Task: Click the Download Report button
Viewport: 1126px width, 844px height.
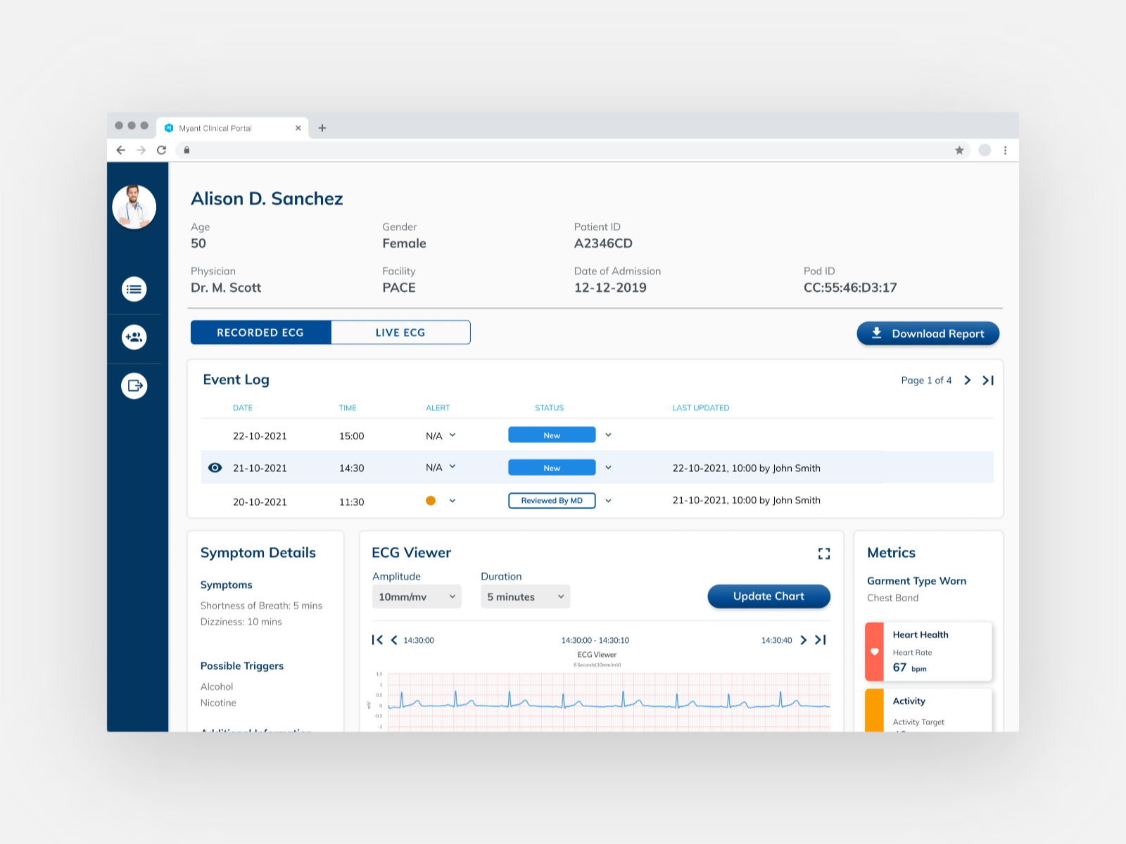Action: coord(928,333)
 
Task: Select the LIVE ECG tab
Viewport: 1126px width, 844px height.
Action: coord(400,333)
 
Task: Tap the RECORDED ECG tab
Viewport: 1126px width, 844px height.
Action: coord(260,333)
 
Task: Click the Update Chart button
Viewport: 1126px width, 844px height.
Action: coord(768,596)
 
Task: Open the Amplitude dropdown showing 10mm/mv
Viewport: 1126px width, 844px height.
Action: coord(416,597)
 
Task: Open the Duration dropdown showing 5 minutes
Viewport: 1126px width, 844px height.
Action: coord(525,597)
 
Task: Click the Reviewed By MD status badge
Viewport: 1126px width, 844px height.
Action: coord(552,501)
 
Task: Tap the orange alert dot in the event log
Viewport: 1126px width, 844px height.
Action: coord(431,501)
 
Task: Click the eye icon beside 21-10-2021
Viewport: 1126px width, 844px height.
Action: coord(215,468)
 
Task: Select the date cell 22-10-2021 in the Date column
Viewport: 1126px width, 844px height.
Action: coord(260,436)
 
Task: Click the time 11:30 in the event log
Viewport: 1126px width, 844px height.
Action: coord(351,502)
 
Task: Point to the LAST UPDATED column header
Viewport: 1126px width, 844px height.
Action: coord(700,408)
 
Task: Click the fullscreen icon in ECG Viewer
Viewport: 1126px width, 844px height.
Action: coord(824,554)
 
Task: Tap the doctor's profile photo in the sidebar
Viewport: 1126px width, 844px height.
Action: coord(134,207)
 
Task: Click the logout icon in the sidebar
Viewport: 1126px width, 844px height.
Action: coord(134,385)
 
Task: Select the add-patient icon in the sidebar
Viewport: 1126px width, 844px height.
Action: coord(134,337)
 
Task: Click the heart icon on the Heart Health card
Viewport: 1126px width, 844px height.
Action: coord(875,652)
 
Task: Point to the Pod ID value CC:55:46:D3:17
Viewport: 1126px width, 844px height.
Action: coord(850,288)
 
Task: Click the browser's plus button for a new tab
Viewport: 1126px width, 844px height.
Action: coord(322,128)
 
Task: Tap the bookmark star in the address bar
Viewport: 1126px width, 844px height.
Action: coord(959,150)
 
